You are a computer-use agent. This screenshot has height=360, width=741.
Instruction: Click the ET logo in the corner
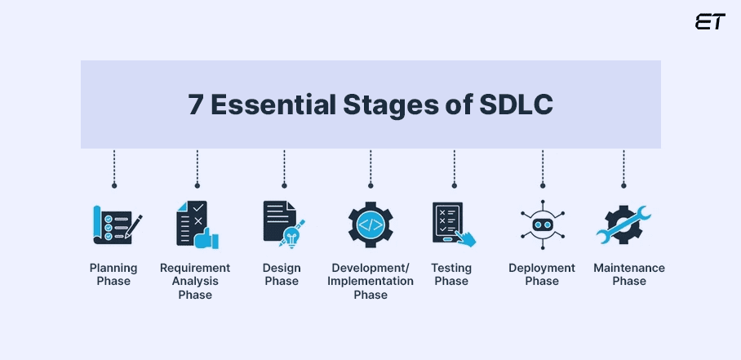point(709,22)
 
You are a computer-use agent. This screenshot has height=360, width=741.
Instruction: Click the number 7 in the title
point(196,105)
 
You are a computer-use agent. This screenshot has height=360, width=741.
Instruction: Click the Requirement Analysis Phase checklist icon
point(197,224)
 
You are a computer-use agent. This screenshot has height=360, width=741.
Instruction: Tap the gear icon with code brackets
point(370,224)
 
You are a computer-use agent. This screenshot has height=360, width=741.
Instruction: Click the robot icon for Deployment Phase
point(541,224)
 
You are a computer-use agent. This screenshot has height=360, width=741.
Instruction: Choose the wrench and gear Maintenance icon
point(623,224)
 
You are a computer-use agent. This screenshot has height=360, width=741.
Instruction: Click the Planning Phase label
point(113,274)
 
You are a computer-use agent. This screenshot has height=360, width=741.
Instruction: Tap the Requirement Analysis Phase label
point(195,281)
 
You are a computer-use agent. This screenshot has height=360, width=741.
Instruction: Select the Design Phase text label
point(282,274)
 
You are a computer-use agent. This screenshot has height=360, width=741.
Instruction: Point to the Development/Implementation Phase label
point(370,281)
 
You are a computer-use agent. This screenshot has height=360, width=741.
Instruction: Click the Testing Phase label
point(451,274)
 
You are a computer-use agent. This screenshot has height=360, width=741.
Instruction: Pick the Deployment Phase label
point(542,274)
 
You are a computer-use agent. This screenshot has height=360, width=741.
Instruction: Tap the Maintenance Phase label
point(629,274)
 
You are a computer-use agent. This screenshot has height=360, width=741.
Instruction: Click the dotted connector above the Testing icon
point(453,169)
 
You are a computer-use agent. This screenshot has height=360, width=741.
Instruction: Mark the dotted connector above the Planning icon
point(114,169)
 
